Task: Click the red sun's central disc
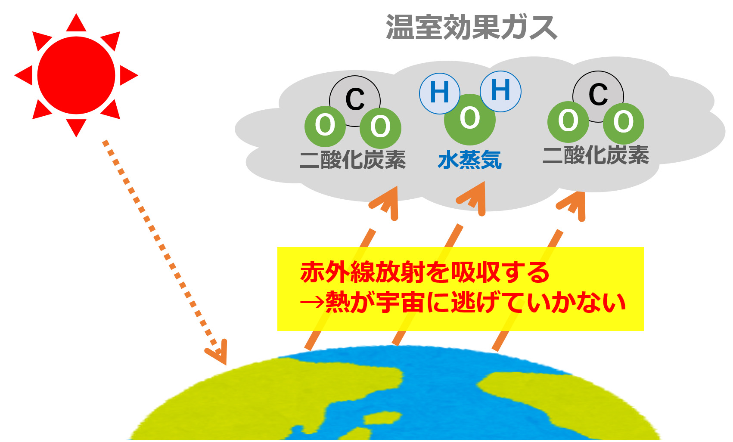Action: (76, 75)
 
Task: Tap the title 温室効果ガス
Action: (471, 27)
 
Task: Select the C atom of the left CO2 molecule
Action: (355, 98)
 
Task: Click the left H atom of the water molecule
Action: (439, 93)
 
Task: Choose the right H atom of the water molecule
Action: (501, 91)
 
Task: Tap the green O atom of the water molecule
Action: (470, 120)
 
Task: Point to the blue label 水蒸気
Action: (470, 160)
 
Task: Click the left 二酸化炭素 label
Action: (353, 160)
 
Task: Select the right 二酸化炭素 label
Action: (596, 155)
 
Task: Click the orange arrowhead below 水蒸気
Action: (473, 199)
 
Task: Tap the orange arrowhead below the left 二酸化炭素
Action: (386, 203)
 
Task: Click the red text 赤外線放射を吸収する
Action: (425, 272)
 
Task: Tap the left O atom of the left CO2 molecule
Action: (325, 127)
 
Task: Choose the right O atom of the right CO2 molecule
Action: (624, 124)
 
